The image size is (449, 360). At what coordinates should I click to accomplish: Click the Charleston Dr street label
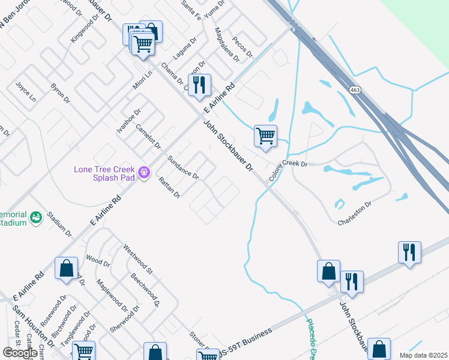coord(354,212)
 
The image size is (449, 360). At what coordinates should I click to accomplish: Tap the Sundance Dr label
coord(183,166)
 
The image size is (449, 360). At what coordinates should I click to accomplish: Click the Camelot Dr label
coord(148,137)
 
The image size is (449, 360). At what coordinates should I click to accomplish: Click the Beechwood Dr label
coord(145,290)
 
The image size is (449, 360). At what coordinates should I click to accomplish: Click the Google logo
coord(19,352)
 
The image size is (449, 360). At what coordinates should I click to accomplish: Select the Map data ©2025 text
coord(423,355)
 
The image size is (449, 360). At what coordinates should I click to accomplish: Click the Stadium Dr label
coord(59,223)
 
